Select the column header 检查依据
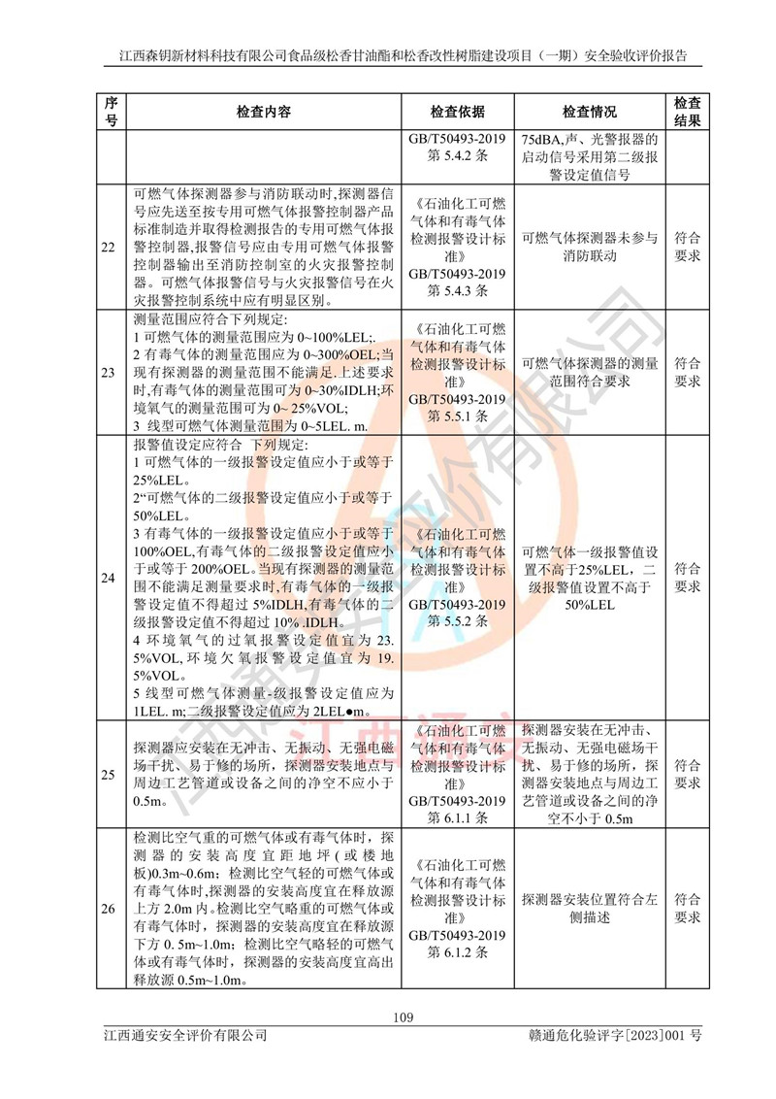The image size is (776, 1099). tap(458, 112)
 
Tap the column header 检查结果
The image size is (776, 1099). tap(687, 112)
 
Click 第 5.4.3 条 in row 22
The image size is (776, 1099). tap(458, 289)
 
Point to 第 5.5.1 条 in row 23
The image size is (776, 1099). tap(458, 415)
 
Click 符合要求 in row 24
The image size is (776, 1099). tap(687, 579)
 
